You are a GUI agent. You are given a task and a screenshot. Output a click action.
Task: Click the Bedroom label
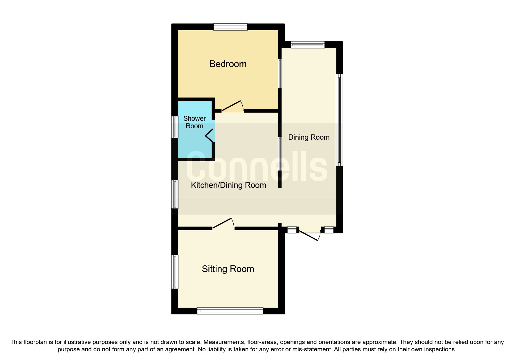click(228, 64)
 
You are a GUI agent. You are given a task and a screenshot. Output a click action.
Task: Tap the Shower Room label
click(194, 122)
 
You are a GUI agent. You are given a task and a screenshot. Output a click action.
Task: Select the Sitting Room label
click(228, 269)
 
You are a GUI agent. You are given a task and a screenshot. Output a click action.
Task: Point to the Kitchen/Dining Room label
click(228, 185)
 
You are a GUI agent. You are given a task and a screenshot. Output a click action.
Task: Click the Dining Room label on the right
click(309, 137)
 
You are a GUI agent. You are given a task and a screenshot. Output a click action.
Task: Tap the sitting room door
click(223, 224)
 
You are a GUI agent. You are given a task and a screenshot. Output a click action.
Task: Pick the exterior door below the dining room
click(309, 235)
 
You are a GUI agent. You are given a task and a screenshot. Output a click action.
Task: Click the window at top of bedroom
click(230, 27)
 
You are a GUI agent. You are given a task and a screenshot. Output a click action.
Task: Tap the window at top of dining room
click(308, 45)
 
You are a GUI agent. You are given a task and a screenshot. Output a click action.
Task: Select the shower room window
click(175, 127)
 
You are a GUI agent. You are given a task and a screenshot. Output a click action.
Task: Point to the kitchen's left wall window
click(175, 194)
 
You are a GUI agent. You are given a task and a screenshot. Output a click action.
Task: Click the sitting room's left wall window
click(175, 272)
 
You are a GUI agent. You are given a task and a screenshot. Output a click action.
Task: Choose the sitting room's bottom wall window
click(230, 311)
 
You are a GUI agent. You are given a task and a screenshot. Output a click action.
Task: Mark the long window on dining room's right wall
click(339, 120)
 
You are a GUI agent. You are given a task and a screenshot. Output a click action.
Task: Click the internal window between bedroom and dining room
click(280, 74)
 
